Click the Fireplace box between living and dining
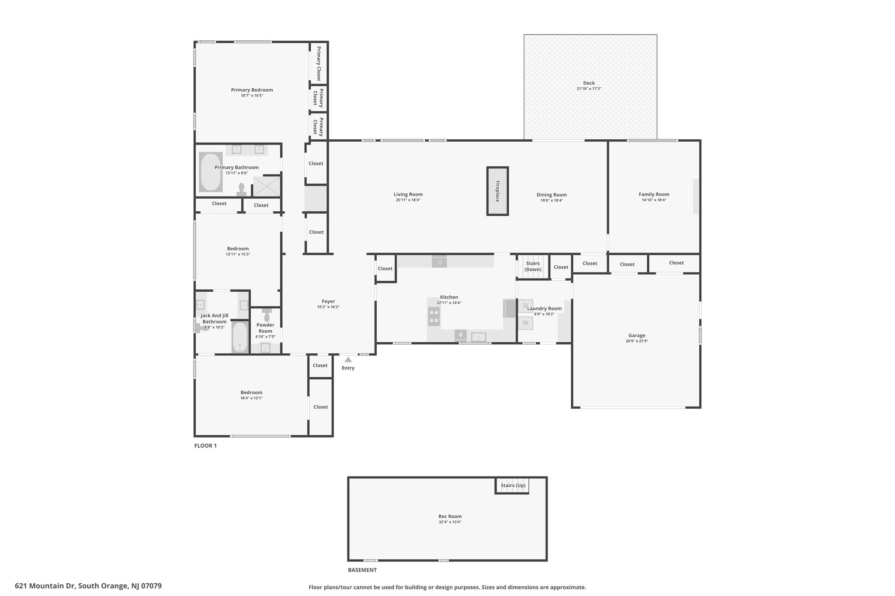click(497, 191)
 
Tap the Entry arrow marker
click(348, 360)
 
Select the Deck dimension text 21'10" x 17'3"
click(589, 89)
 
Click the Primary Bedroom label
click(252, 90)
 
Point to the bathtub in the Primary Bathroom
click(211, 172)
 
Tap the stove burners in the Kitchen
click(434, 317)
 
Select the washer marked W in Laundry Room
click(525, 323)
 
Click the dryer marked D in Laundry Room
click(525, 306)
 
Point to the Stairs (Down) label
click(533, 266)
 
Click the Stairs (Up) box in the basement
click(512, 486)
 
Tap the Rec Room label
click(450, 516)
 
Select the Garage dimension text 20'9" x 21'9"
click(637, 341)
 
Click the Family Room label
click(654, 194)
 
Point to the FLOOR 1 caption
click(205, 446)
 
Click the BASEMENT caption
click(362, 570)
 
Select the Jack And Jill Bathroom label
click(214, 318)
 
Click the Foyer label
click(328, 301)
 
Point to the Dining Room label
click(552, 195)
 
